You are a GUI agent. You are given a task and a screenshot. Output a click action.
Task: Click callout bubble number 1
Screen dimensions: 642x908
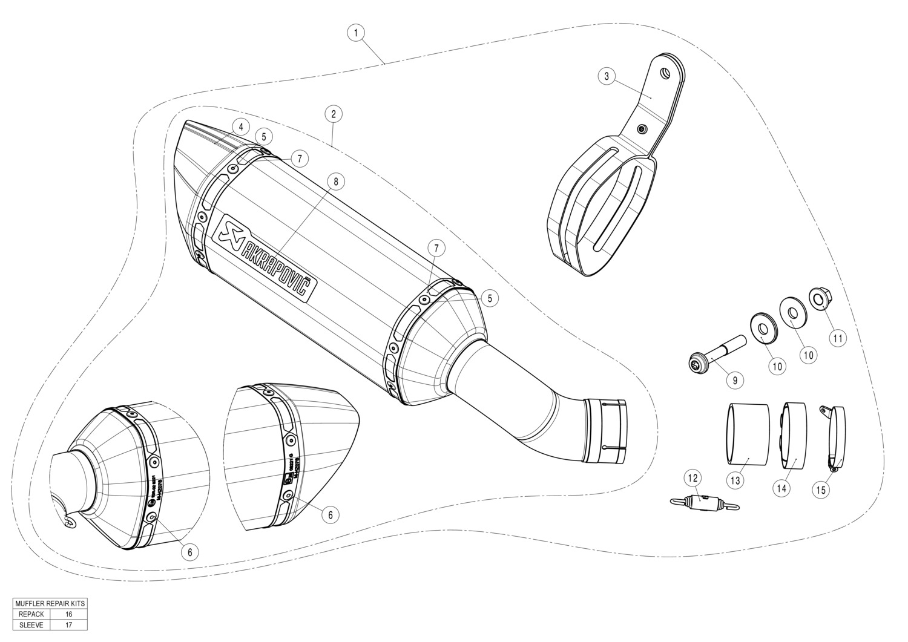(x=357, y=32)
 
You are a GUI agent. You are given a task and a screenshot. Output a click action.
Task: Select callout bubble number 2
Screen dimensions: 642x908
(x=334, y=113)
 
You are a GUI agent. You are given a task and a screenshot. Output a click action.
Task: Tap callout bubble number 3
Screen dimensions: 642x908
(x=607, y=76)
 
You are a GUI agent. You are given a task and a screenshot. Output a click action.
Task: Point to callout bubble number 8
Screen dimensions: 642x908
(x=336, y=180)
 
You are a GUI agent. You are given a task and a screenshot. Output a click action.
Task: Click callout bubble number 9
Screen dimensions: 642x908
(x=735, y=381)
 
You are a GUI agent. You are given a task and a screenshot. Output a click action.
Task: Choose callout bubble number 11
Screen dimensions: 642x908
(x=837, y=338)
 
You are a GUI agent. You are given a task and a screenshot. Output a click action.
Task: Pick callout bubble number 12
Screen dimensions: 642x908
(x=694, y=479)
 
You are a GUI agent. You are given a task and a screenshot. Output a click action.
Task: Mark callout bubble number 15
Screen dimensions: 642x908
(x=821, y=490)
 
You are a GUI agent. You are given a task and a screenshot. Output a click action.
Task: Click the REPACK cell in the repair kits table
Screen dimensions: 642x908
(x=31, y=614)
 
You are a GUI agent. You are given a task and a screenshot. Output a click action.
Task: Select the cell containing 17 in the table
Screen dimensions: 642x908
(x=68, y=625)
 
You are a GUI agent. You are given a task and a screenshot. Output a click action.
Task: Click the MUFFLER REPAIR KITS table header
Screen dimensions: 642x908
(x=50, y=604)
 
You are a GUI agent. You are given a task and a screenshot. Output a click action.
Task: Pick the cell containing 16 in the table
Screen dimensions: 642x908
(x=68, y=614)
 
